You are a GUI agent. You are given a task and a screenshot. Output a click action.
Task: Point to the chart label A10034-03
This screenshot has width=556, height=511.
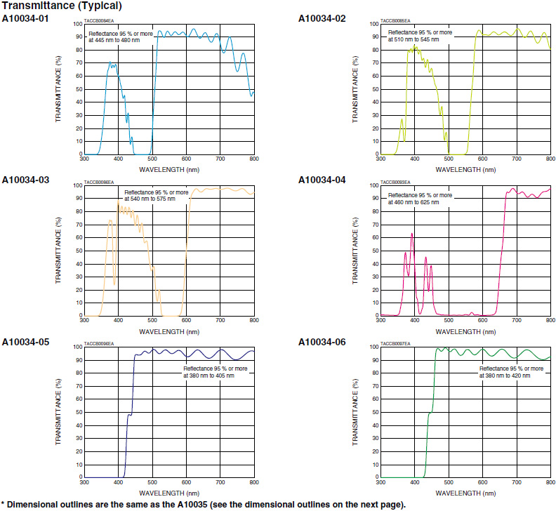pyautogui.click(x=25, y=180)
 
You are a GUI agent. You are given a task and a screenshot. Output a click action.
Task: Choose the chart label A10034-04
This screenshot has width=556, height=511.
pyautogui.click(x=322, y=180)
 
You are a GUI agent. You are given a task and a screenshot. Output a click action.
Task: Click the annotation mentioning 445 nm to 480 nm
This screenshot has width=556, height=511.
pyautogui.click(x=114, y=36)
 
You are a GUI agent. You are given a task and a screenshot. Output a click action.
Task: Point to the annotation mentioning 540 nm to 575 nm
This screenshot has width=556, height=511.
pyautogui.click(x=156, y=196)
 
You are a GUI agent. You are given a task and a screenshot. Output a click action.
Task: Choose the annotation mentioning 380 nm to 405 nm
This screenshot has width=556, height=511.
pyautogui.click(x=209, y=371)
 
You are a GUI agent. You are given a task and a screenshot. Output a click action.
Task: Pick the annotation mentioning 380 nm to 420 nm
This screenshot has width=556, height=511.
pyautogui.click(x=510, y=371)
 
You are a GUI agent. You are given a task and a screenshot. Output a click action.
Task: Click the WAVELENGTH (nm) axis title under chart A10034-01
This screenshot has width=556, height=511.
pyautogui.click(x=168, y=169)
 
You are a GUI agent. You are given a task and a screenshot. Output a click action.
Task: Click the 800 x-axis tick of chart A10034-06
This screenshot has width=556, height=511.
pyautogui.click(x=550, y=483)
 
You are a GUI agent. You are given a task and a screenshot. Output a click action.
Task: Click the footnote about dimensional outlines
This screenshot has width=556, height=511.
pyautogui.click(x=203, y=504)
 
